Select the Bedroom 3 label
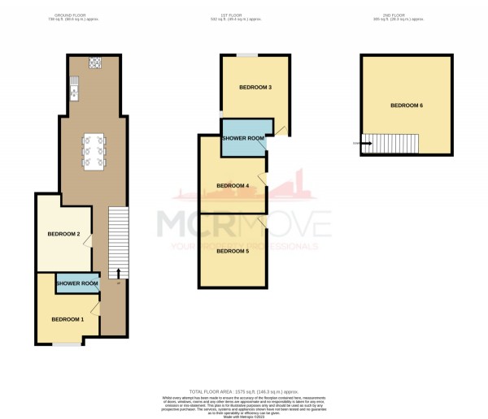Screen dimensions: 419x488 (255, 87)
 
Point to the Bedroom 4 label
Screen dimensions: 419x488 (232, 186)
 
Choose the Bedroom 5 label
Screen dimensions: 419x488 (232, 251)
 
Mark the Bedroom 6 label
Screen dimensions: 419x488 (406, 106)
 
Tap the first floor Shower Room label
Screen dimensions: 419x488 (243, 139)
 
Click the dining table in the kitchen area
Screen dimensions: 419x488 (94, 152)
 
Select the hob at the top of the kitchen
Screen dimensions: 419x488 (94, 62)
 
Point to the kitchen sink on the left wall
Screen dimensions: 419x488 (73, 84)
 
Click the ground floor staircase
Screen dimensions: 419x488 (119, 235)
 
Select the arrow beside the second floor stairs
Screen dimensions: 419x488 (366, 145)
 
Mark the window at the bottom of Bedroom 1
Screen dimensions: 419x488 (68, 344)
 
